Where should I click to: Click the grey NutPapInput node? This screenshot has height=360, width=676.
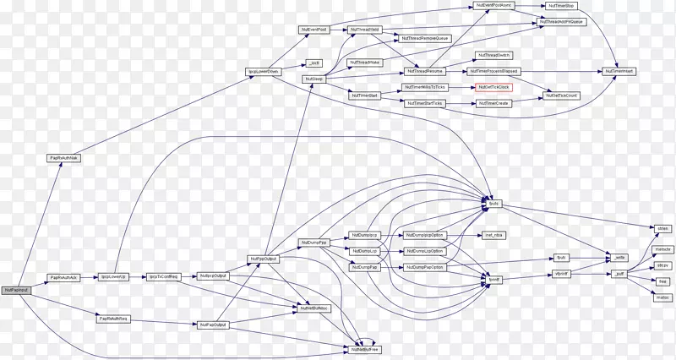pos(16,290)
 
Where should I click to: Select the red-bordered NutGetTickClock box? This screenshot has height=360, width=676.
pos(493,87)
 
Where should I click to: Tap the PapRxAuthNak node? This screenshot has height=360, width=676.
pos(63,157)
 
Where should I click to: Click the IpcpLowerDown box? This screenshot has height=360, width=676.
pos(263,72)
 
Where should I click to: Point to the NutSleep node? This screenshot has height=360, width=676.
pos(313,79)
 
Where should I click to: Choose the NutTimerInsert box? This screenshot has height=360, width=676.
pos(619,71)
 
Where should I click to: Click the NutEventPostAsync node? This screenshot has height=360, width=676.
pos(495,6)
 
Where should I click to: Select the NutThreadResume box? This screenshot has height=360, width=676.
pos(424,71)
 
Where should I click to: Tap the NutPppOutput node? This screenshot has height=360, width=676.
pos(263,259)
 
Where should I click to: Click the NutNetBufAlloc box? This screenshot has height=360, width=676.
pos(314,308)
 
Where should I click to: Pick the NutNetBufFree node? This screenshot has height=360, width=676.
pos(365,348)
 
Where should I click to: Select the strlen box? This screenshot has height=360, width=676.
pos(662,228)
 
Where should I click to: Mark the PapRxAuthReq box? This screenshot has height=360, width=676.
pos(112,319)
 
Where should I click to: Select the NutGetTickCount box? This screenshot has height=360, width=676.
pos(561,95)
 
